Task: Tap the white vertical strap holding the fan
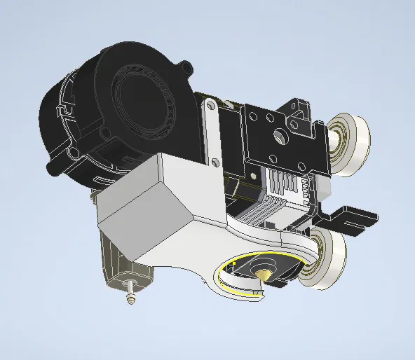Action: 211,133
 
